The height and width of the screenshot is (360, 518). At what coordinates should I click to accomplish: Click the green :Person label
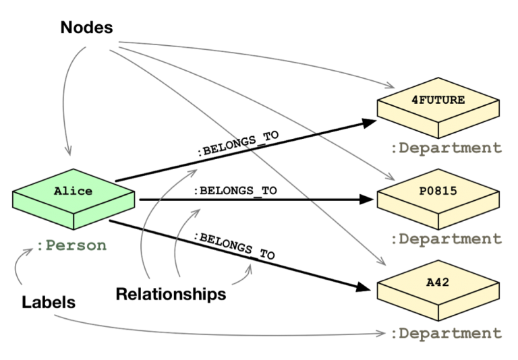click(x=71, y=245)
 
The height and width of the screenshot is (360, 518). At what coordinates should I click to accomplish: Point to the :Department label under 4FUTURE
click(x=447, y=148)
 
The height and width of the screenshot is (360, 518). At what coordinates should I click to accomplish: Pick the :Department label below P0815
click(x=447, y=239)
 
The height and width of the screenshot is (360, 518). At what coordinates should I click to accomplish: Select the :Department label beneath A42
click(x=447, y=333)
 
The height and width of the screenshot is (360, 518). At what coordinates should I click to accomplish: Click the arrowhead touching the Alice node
click(x=67, y=152)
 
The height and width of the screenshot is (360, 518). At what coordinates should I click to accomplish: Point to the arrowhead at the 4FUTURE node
click(x=390, y=86)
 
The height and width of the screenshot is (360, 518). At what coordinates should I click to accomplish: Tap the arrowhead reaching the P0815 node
click(x=389, y=178)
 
